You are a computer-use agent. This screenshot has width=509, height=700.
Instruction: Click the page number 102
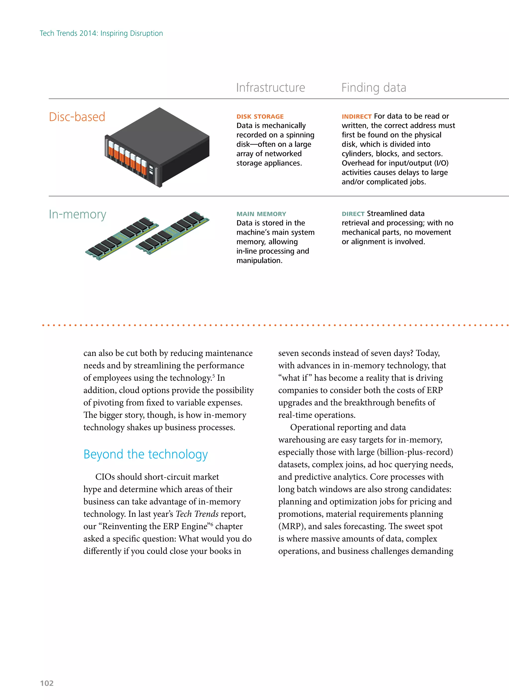(x=47, y=683)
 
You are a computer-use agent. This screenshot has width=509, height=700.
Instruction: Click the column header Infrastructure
(x=270, y=88)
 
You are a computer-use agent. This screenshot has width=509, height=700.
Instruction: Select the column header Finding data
(x=374, y=88)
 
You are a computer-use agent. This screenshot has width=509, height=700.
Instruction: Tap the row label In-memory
(x=78, y=214)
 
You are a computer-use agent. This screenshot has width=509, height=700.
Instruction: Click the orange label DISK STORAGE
(x=260, y=117)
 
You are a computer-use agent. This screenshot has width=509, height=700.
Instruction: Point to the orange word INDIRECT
(x=356, y=117)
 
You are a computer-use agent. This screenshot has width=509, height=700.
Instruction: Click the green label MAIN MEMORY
(x=261, y=214)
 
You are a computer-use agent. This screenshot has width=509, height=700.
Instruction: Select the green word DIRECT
(x=353, y=214)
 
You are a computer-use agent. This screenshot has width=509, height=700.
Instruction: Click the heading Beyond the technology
(x=145, y=454)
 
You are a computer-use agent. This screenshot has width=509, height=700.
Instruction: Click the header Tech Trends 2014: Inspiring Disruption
(x=101, y=33)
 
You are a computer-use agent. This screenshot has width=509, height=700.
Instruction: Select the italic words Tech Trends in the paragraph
(x=197, y=514)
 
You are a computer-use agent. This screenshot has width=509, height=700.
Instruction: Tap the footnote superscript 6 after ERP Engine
(x=212, y=524)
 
